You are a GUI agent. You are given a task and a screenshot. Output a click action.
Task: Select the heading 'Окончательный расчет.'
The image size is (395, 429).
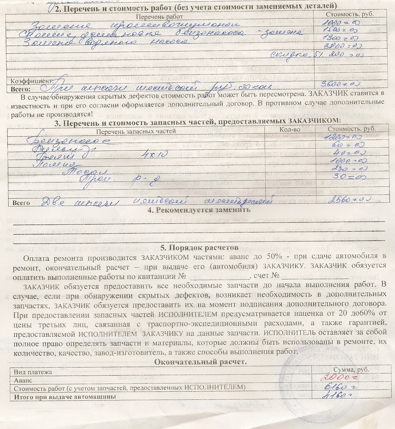click(x=200, y=362)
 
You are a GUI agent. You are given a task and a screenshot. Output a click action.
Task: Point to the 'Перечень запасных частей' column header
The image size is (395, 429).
click(x=136, y=131)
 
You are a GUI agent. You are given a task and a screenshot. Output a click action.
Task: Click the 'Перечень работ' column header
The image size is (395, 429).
click(x=159, y=17)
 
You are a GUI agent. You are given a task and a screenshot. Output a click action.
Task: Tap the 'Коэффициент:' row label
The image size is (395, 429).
click(x=32, y=81)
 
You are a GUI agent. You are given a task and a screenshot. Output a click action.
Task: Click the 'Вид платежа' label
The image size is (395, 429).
click(x=33, y=372)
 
